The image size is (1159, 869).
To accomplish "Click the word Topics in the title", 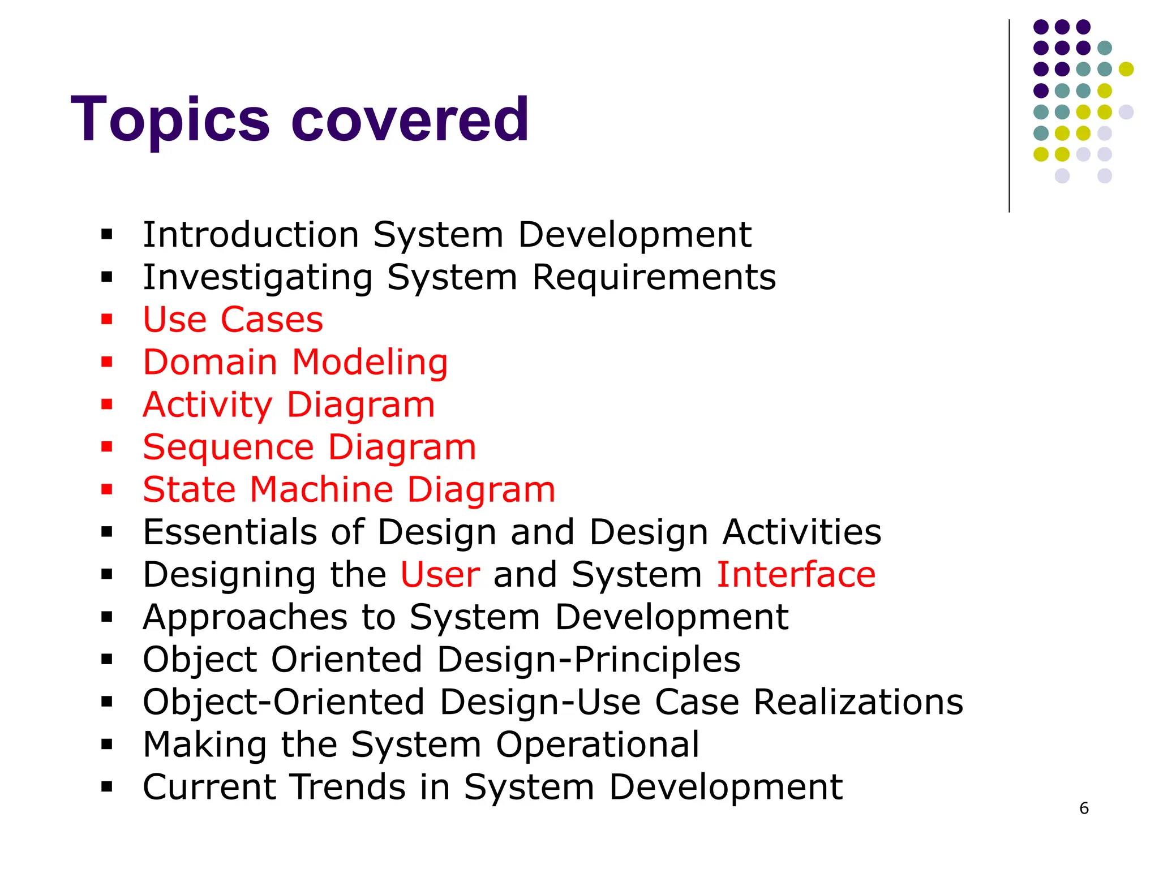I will [170, 120].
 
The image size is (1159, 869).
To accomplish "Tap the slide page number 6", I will [1084, 808].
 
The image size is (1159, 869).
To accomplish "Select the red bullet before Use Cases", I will [107, 320].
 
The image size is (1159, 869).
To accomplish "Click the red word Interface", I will [796, 574].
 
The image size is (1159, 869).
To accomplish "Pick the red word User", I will [440, 574].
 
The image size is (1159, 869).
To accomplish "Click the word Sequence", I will [228, 447].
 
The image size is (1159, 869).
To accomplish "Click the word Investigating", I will [257, 277].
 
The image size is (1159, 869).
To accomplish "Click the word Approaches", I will [245, 617].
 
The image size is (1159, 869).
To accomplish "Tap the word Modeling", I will [370, 362].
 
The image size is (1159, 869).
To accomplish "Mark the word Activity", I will [208, 405].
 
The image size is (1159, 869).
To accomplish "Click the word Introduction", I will [251, 235].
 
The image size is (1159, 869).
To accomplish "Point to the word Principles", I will [656, 659].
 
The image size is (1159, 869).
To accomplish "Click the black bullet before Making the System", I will [107, 744].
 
